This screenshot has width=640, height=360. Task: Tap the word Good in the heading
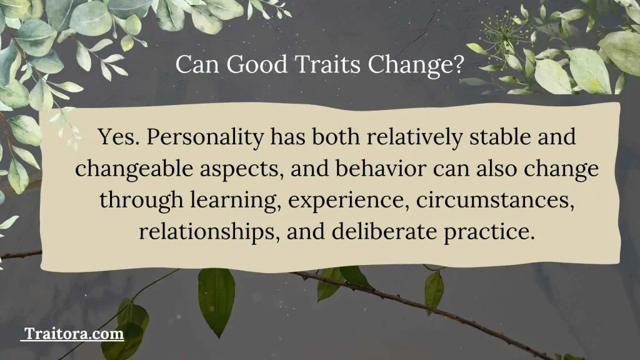(257, 64)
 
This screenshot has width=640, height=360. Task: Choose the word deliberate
(384, 231)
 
